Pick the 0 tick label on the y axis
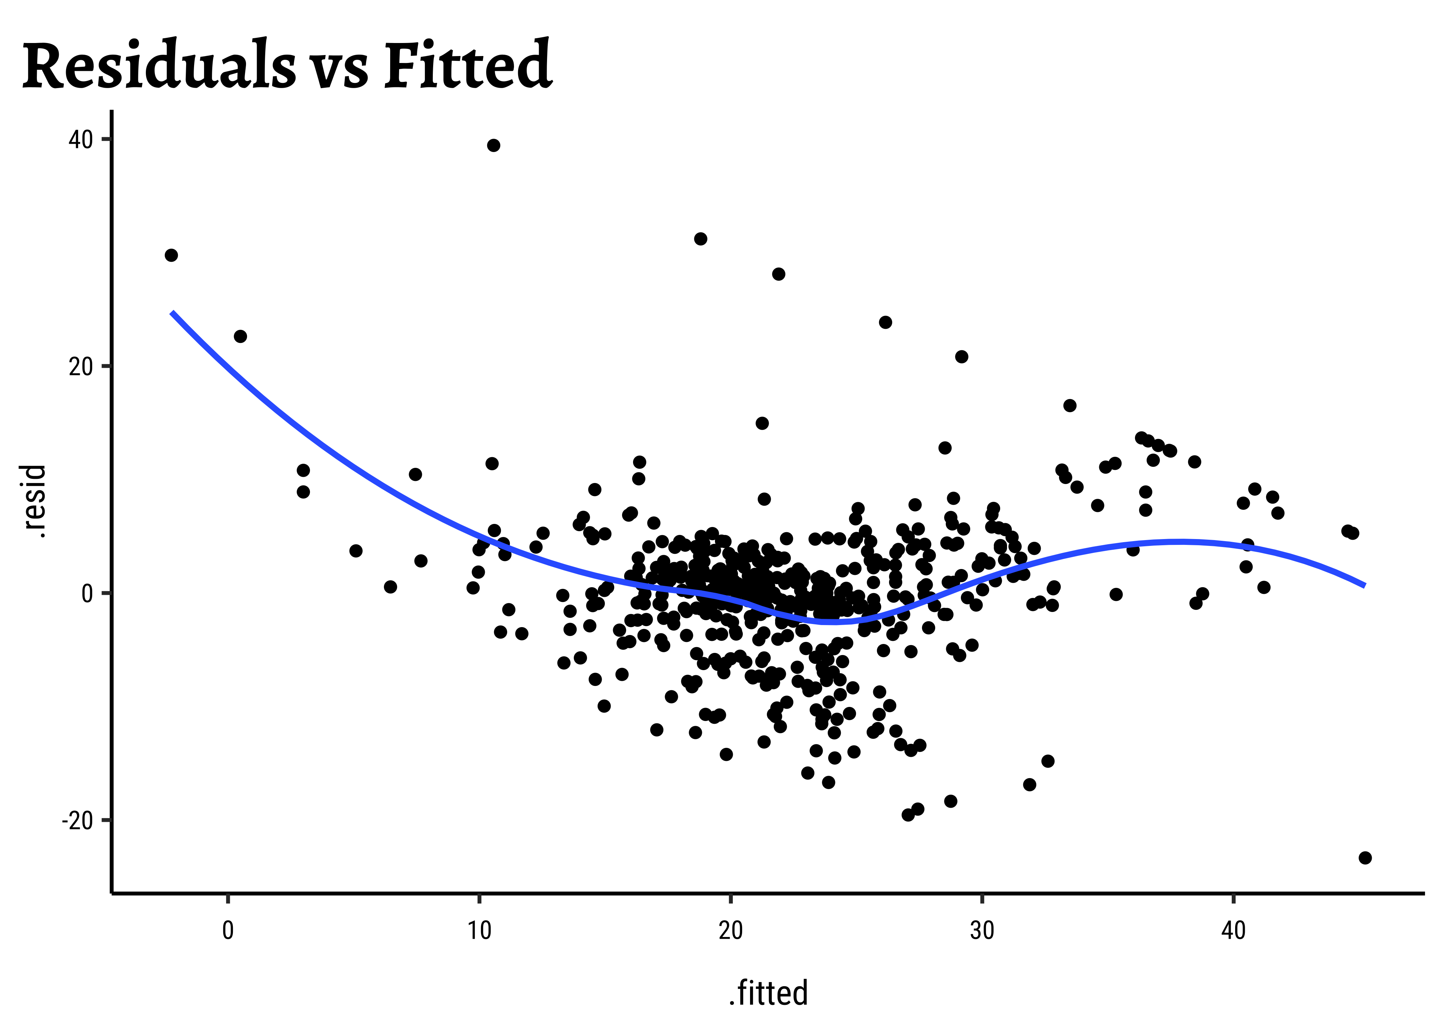[87, 593]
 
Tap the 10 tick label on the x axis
[479, 930]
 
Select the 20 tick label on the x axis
[731, 930]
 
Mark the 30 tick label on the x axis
[982, 930]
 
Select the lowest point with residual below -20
[1365, 858]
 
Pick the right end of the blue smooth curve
[1364, 585]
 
